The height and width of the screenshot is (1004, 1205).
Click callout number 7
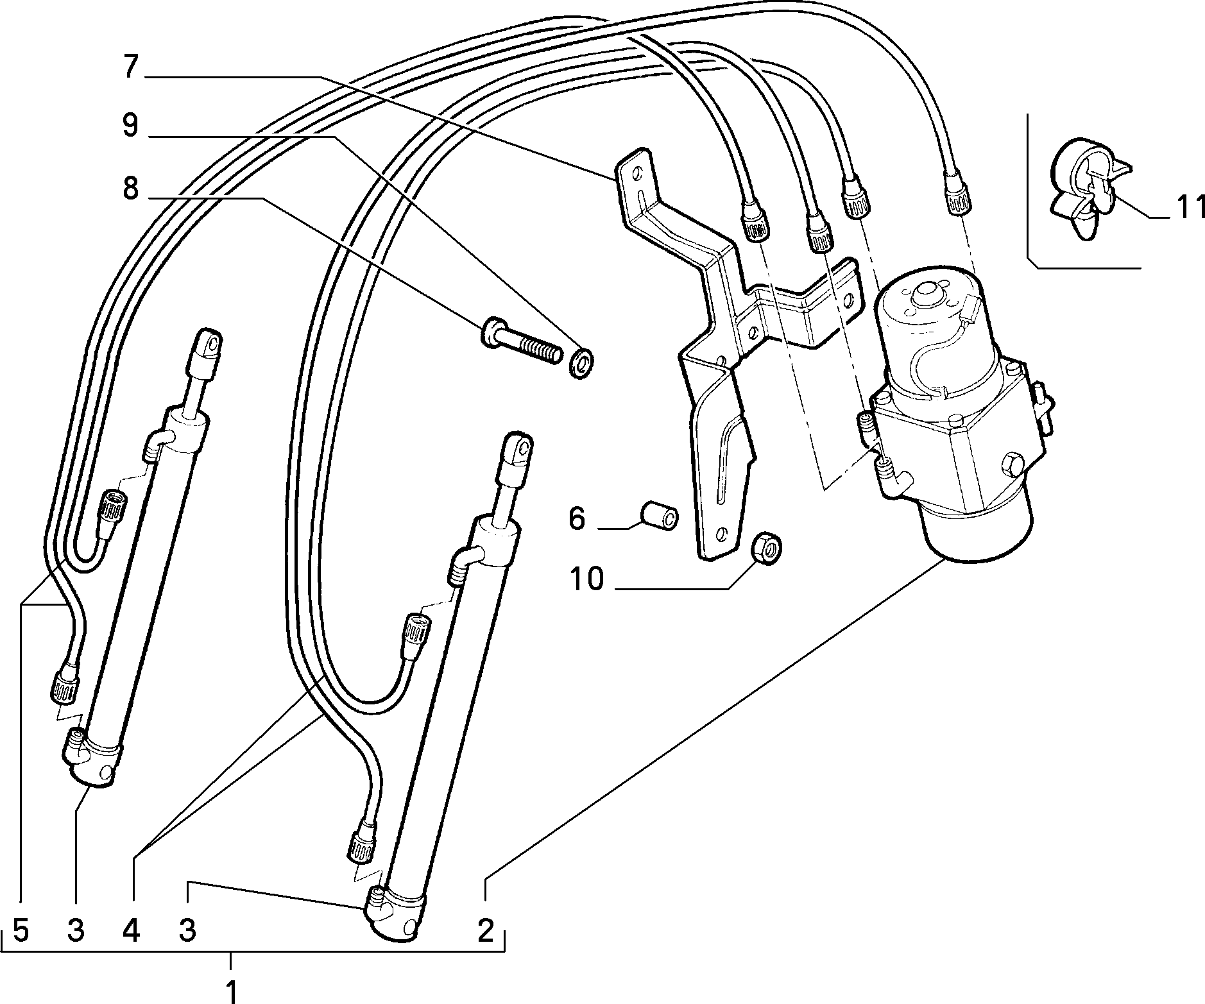click(x=130, y=67)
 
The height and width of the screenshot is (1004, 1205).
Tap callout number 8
click(x=130, y=189)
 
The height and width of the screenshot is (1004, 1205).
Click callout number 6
click(x=577, y=518)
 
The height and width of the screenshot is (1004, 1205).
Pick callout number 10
click(x=586, y=579)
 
